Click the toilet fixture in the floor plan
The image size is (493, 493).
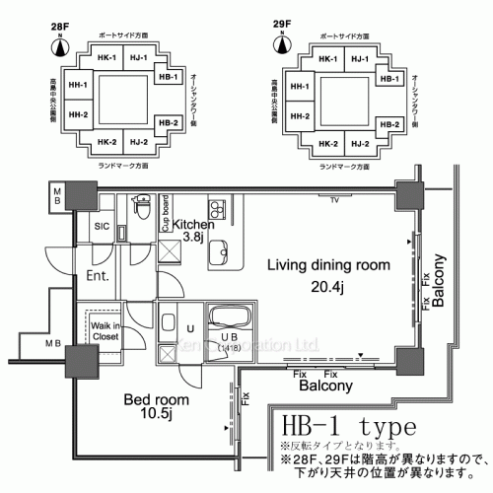(x=142, y=209)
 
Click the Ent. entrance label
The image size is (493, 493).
(x=98, y=275)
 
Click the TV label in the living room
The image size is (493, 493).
(x=335, y=200)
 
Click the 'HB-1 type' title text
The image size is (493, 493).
(x=350, y=430)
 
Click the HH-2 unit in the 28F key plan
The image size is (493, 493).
(x=77, y=115)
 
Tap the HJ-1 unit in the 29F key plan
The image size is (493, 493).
(x=360, y=57)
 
